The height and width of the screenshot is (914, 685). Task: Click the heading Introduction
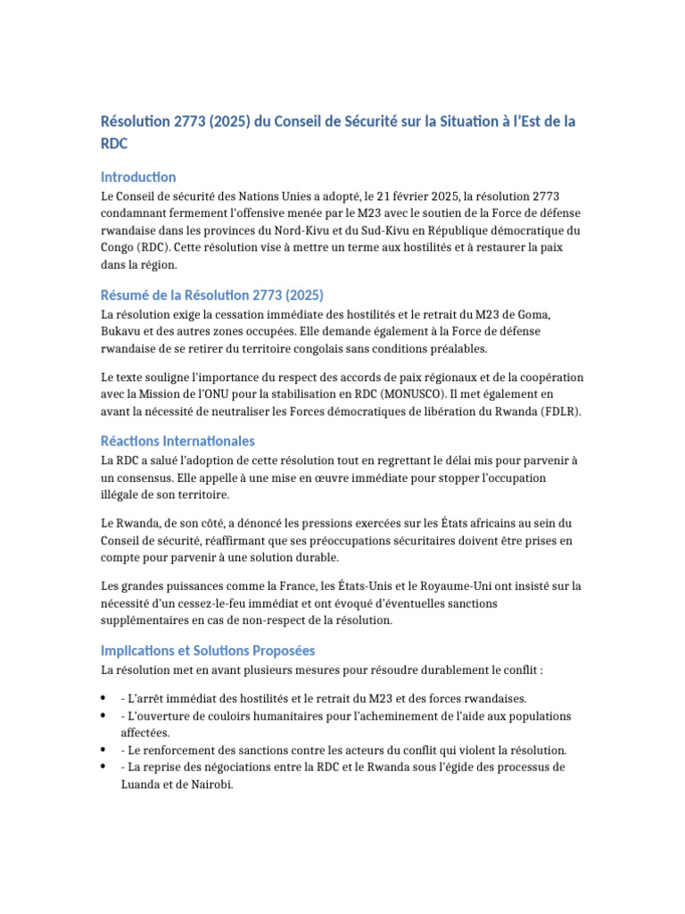click(138, 177)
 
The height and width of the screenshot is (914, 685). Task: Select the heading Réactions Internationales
click(177, 441)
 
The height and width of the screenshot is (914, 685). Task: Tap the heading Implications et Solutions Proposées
click(208, 651)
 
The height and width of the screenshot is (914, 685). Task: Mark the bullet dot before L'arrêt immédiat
click(104, 698)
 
